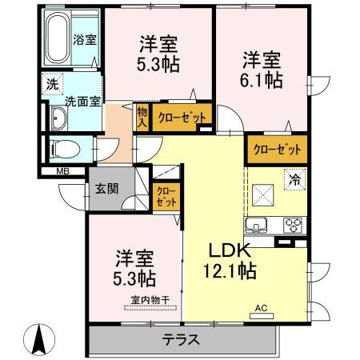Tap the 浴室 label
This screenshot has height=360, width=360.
(x=82, y=38)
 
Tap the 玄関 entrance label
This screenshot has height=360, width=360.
(x=106, y=190)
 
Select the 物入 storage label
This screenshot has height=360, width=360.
(x=142, y=117)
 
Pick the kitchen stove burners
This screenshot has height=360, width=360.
(x=294, y=224)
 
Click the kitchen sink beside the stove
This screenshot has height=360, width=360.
(x=261, y=224)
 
